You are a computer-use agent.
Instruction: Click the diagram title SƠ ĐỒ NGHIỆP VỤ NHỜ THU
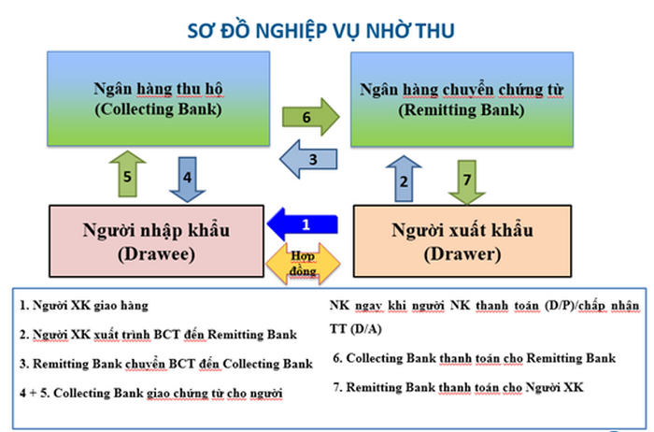click(326, 30)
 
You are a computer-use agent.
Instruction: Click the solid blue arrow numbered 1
click(306, 225)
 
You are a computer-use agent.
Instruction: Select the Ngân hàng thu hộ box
click(157, 100)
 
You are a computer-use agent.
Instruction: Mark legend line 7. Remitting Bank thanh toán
click(458, 387)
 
